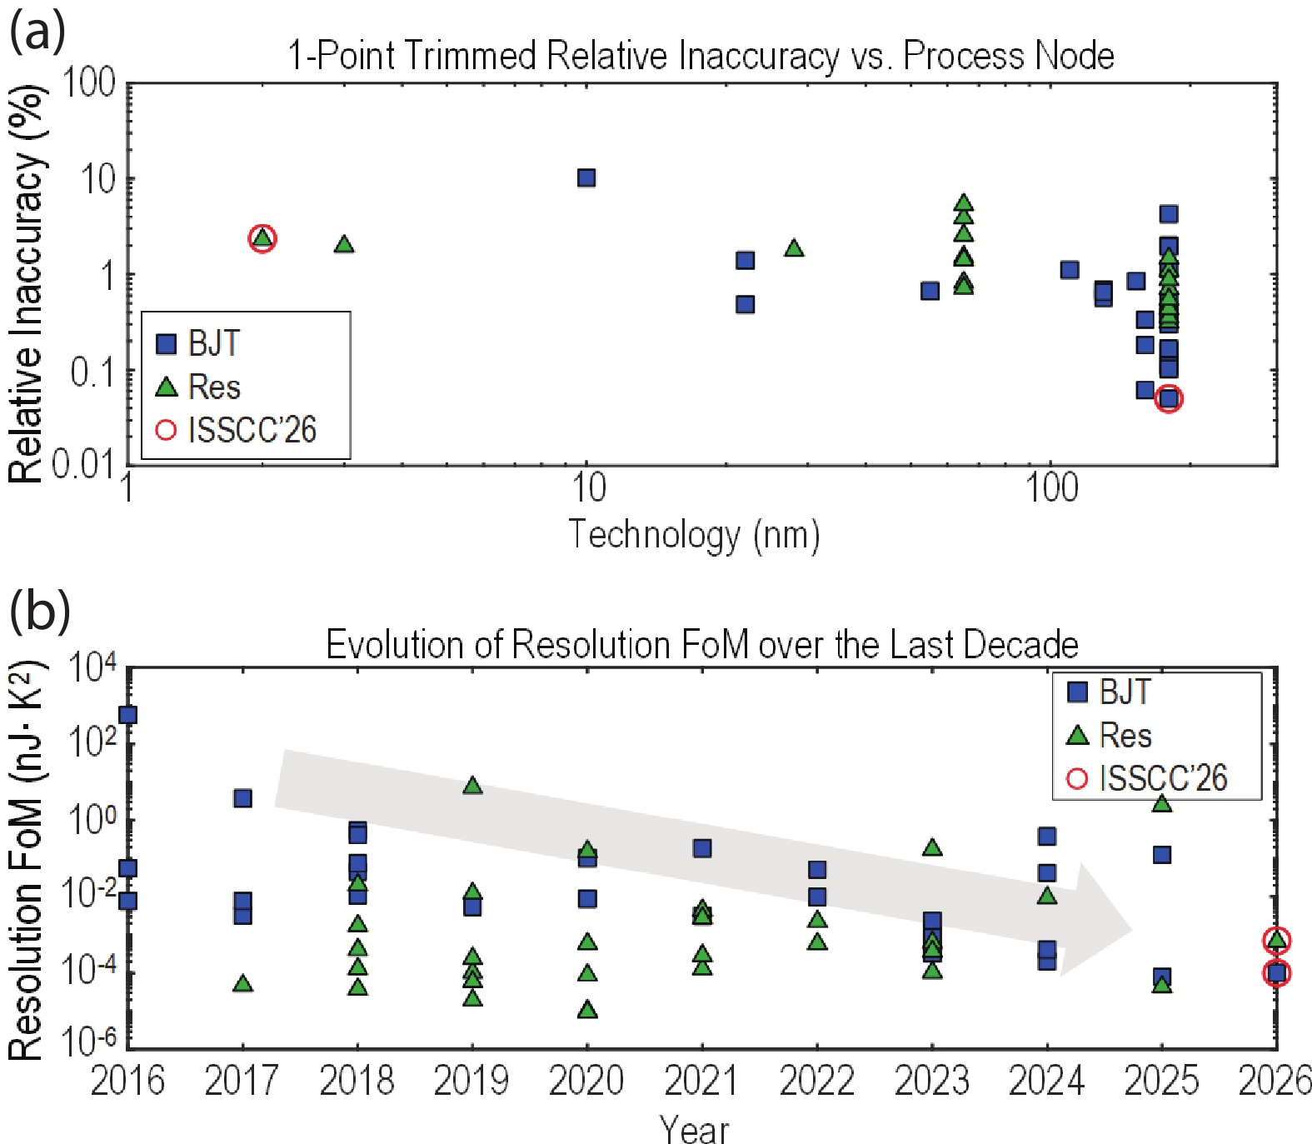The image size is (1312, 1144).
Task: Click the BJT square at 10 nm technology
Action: click(x=586, y=177)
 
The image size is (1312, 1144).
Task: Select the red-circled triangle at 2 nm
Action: click(x=262, y=238)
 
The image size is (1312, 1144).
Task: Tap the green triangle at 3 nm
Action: click(x=344, y=244)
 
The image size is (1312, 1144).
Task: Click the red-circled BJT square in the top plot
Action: click(x=1169, y=399)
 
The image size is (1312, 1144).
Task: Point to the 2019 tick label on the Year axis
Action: click(x=471, y=1081)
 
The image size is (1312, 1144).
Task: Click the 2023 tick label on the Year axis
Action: click(x=931, y=1081)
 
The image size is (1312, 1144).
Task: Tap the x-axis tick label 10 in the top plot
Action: click(x=588, y=487)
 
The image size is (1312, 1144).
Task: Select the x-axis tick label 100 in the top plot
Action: click(x=1051, y=487)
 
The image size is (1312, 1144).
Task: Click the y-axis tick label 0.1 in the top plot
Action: click(x=92, y=372)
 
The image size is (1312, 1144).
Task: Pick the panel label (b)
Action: click(x=39, y=609)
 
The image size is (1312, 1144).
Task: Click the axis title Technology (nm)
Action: click(x=694, y=535)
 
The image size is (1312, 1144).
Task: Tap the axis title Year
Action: click(x=694, y=1130)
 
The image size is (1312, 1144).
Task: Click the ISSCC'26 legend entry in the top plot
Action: click(x=237, y=430)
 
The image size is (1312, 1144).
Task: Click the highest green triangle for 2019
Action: click(x=472, y=785)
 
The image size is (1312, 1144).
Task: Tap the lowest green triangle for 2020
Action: click(x=587, y=1009)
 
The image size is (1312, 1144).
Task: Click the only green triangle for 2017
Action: click(x=242, y=983)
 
